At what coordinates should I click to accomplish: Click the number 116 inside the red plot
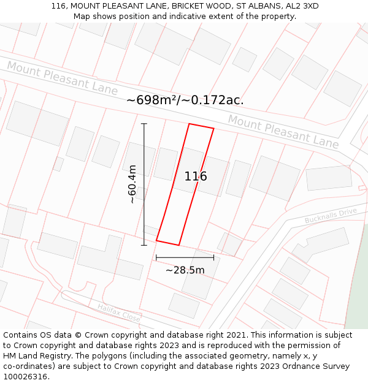pyautogui.click(x=196, y=176)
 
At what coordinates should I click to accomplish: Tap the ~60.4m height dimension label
pyautogui.click(x=132, y=184)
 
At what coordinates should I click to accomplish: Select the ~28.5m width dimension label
pyautogui.click(x=185, y=270)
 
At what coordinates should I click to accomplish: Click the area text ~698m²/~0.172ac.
pyautogui.click(x=185, y=100)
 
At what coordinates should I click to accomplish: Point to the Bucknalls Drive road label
pyautogui.click(x=331, y=216)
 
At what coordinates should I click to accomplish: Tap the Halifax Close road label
pyautogui.click(x=118, y=313)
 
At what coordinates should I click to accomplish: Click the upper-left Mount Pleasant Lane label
pyautogui.click(x=62, y=78)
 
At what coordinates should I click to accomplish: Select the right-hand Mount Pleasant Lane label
pyautogui.click(x=283, y=131)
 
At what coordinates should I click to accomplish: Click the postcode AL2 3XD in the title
pyautogui.click(x=303, y=6)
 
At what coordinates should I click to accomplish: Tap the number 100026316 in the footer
pyautogui.click(x=26, y=377)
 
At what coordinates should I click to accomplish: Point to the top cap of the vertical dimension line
pyautogui.click(x=144, y=124)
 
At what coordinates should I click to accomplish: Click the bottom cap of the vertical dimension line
pyautogui.click(x=144, y=245)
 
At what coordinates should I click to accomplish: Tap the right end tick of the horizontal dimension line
pyautogui.click(x=213, y=257)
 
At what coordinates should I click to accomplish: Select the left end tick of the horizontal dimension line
pyautogui.click(x=156, y=257)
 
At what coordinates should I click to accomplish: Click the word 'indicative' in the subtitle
pyautogui.click(x=202, y=17)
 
